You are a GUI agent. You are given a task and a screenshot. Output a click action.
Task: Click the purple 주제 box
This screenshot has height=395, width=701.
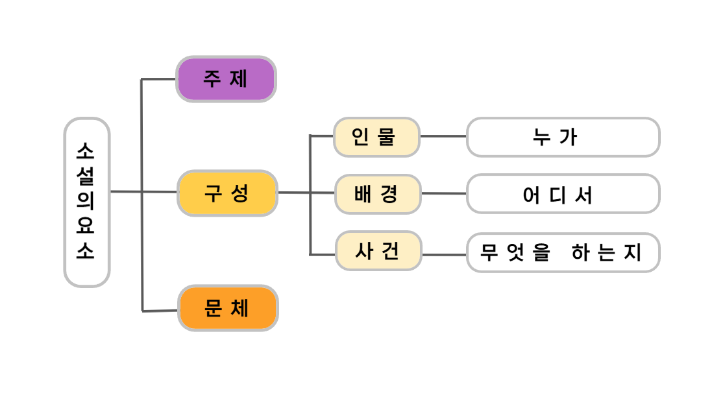(226, 79)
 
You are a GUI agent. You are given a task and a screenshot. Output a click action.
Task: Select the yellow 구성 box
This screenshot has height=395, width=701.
(227, 193)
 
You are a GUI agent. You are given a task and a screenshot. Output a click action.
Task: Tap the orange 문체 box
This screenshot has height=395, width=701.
(228, 308)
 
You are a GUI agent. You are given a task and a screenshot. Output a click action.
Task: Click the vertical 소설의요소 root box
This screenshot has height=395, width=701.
(86, 202)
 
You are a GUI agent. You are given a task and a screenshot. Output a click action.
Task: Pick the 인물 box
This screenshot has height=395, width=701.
(376, 137)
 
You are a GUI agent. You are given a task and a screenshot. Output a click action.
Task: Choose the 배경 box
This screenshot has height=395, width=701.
(378, 194)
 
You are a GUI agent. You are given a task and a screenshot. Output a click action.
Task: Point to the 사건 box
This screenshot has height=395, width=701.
(378, 251)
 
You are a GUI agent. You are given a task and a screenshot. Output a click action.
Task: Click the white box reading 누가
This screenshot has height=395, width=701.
(563, 137)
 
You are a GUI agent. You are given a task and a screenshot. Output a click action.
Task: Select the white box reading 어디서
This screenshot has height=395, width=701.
(563, 194)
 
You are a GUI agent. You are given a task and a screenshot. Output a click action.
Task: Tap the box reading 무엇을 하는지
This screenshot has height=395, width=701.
(563, 252)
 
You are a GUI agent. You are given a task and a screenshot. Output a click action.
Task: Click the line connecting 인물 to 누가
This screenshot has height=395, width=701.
(443, 136)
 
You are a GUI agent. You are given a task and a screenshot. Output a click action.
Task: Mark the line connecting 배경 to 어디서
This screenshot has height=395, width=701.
(444, 193)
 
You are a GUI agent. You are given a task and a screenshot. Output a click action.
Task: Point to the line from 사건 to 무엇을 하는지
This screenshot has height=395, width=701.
(445, 254)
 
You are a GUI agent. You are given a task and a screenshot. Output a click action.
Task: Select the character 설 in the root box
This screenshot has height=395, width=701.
(86, 177)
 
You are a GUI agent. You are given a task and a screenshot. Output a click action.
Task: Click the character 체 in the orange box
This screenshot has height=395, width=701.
(240, 308)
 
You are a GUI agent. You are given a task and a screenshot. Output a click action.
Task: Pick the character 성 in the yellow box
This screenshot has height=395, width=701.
(240, 193)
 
